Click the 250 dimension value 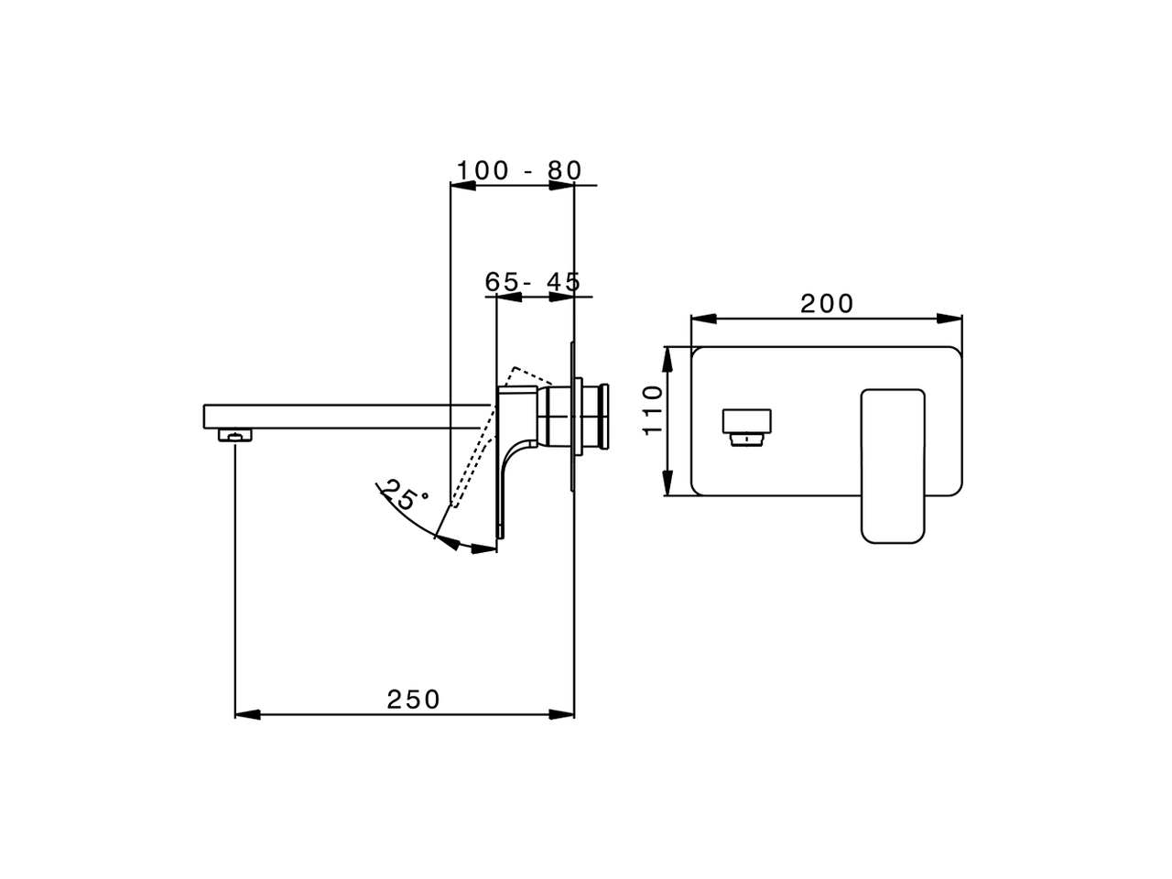click(x=413, y=700)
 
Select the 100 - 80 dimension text click(x=519, y=170)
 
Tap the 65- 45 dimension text click(x=533, y=282)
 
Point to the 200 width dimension click(x=827, y=303)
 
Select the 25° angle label click(x=403, y=495)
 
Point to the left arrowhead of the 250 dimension click(x=247, y=713)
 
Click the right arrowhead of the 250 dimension click(x=562, y=713)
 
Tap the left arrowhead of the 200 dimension click(x=702, y=319)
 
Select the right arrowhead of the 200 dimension click(x=950, y=319)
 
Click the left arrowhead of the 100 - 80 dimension click(x=463, y=186)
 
